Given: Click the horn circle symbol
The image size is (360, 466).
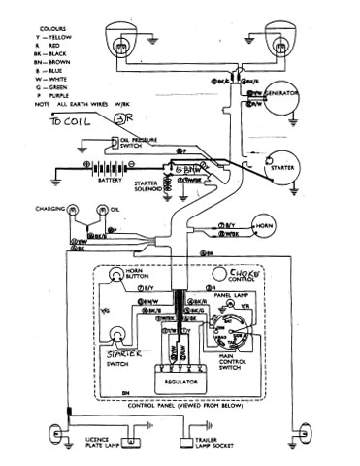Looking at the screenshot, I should coord(257,225).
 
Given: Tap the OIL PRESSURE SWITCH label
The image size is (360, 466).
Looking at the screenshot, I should coord(138,144).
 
